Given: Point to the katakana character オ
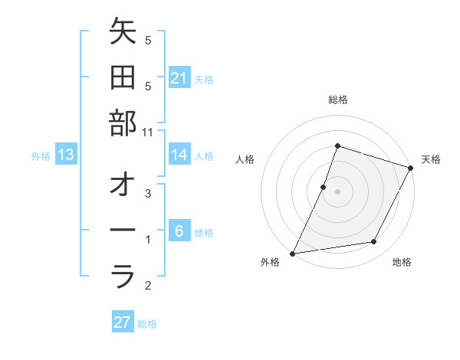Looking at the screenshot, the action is (x=123, y=185).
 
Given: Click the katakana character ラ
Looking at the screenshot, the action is (x=123, y=276).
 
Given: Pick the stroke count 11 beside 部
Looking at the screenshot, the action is (x=148, y=132).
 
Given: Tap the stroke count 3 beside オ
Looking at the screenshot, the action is (x=148, y=195).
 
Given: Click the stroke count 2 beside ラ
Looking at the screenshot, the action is (x=148, y=286).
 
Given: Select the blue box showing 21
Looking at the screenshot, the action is (x=179, y=78).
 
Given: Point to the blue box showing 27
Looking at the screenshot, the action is (x=122, y=322).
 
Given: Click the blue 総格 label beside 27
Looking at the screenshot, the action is (x=147, y=324).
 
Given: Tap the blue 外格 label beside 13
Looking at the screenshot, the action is (x=41, y=156).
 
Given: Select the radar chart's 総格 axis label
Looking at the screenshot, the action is (x=337, y=100).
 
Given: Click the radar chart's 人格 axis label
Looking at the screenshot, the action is (x=245, y=159).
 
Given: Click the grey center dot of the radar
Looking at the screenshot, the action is (x=337, y=191).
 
